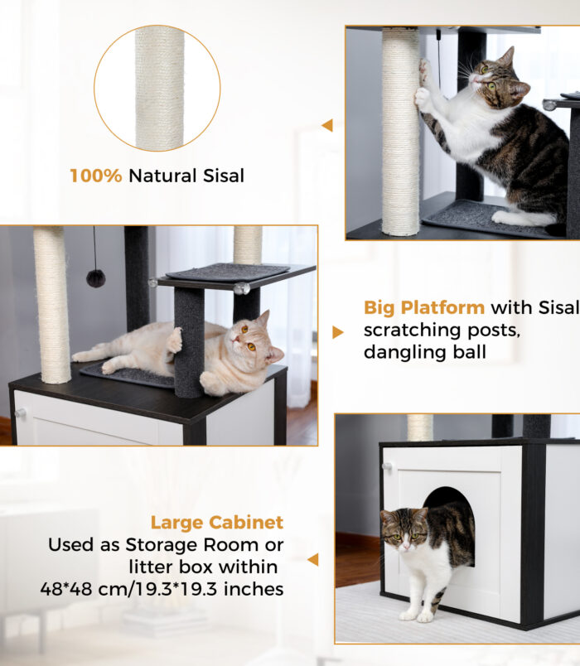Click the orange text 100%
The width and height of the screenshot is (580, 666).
[x=95, y=176]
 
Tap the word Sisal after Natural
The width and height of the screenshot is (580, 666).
[x=224, y=176]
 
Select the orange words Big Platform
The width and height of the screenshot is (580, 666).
[x=424, y=307]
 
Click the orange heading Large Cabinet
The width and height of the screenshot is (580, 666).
[x=217, y=523]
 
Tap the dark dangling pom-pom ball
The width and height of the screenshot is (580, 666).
[x=95, y=278]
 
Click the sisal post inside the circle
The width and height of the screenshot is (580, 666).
[x=160, y=88]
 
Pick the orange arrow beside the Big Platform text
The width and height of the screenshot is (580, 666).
[x=338, y=332]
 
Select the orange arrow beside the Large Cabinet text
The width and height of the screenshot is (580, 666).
[x=313, y=559]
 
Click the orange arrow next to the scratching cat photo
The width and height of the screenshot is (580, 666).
[x=327, y=125]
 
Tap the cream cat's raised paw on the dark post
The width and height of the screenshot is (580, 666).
[x=174, y=340]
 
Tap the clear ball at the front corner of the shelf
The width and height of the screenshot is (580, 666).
[x=242, y=288]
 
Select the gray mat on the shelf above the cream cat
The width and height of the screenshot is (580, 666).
[x=228, y=272]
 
